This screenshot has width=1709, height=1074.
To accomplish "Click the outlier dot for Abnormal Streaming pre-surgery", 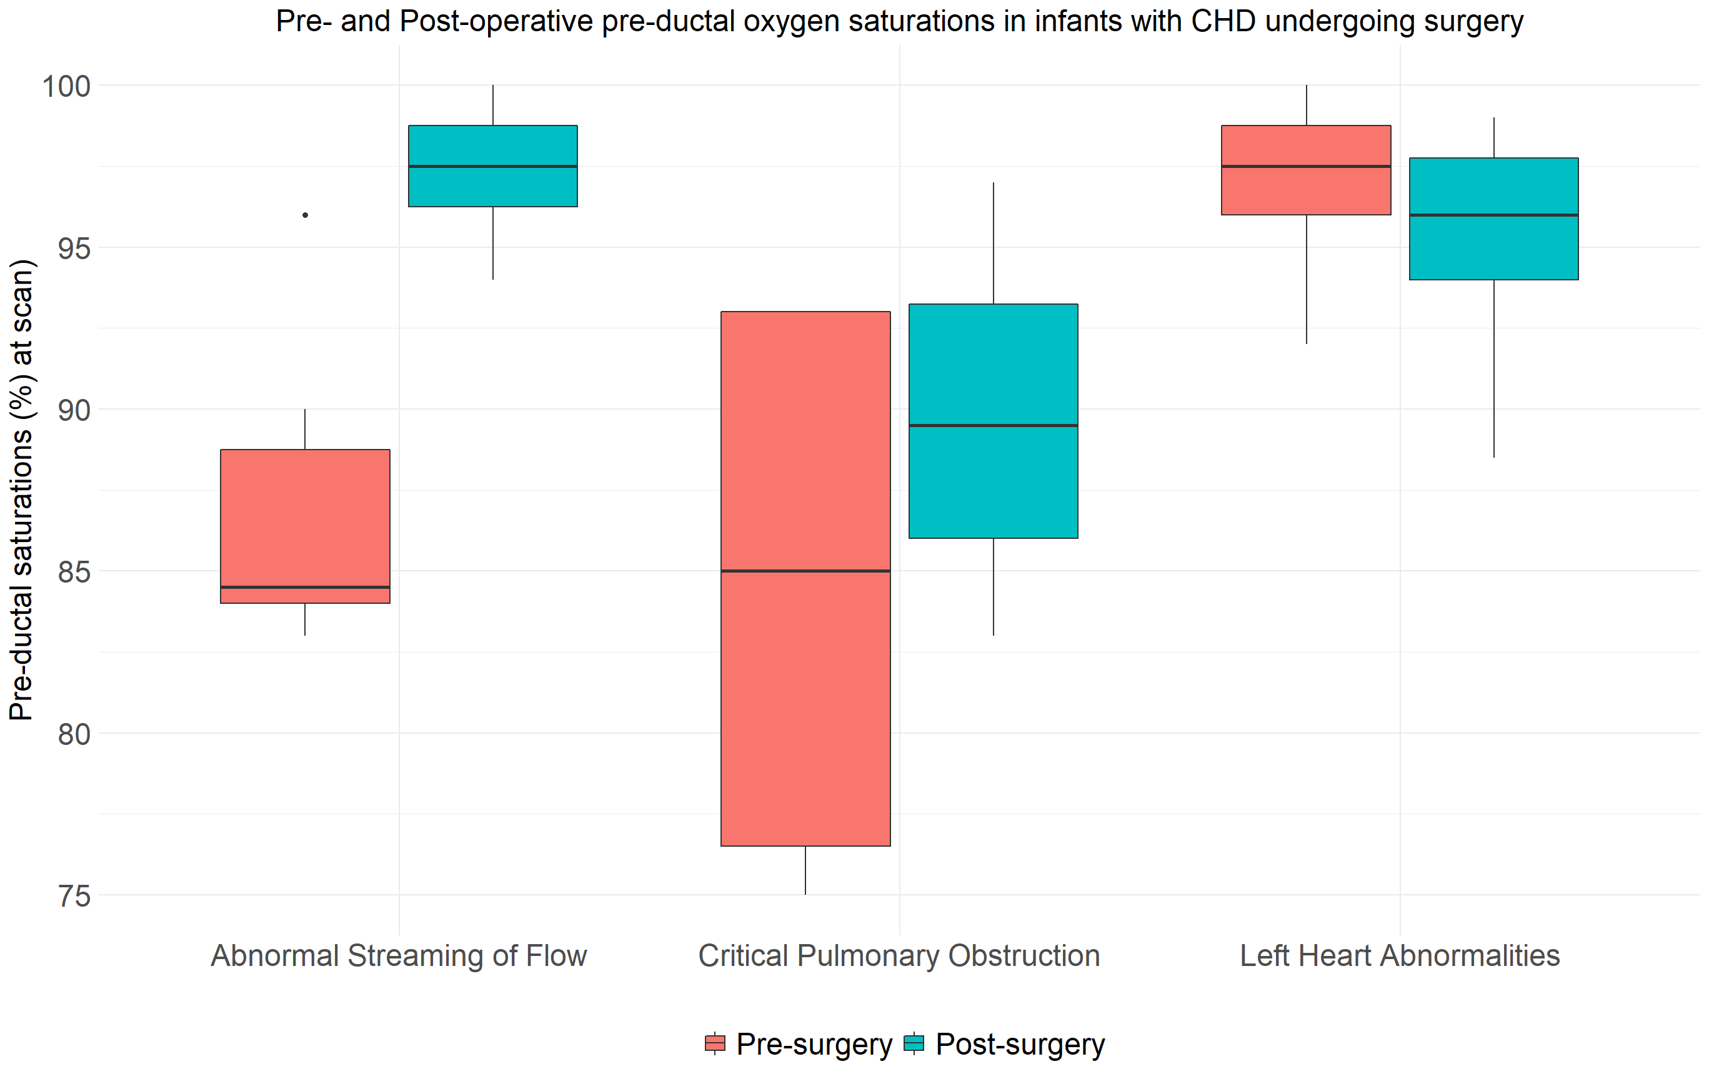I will (305, 215).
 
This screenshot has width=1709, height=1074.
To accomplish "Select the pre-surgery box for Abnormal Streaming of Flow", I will (305, 525).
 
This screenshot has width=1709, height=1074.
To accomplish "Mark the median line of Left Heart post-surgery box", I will (1493, 215).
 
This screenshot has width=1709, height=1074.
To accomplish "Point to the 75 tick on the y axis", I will (74, 897).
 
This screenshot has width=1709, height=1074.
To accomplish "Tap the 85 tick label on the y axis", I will (74, 573).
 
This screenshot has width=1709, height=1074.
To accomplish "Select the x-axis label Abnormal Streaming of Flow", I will (399, 956).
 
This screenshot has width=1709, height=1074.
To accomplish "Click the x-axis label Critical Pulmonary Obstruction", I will (899, 956).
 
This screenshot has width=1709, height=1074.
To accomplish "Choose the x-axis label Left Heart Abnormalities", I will (1400, 956).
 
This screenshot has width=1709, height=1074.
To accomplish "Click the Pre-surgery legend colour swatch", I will (715, 1043).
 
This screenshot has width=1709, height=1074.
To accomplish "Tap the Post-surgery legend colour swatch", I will (914, 1043).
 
